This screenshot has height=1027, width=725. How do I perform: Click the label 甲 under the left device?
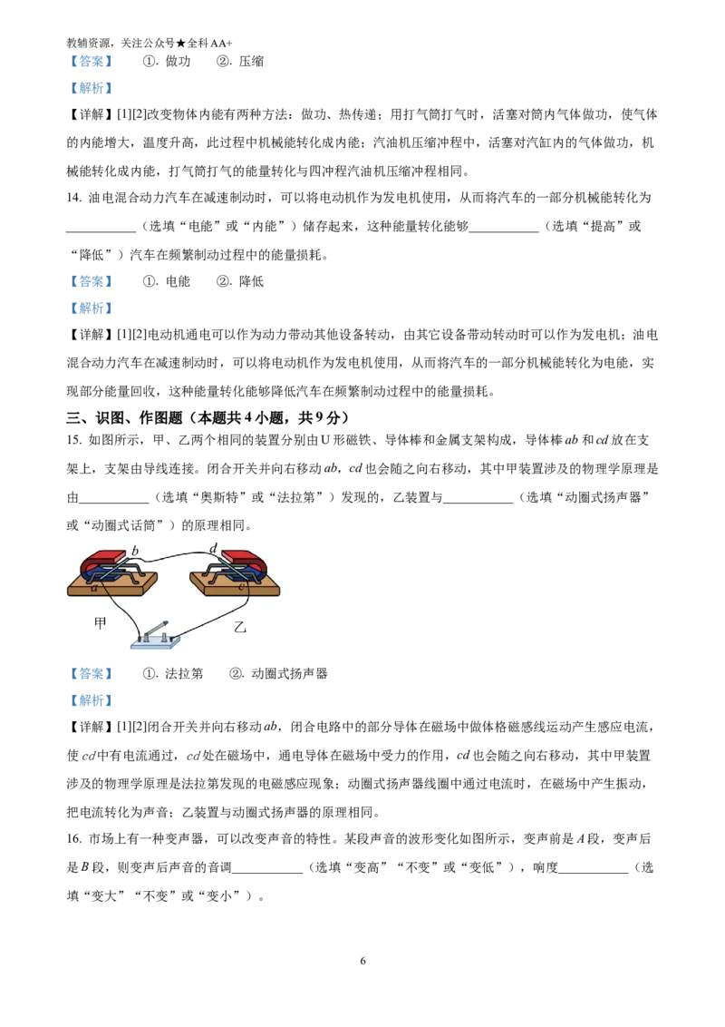point(100,623)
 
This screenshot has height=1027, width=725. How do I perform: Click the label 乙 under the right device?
point(240,627)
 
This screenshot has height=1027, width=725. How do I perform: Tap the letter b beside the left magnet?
point(135,550)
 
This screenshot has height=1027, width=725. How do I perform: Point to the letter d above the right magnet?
point(213,548)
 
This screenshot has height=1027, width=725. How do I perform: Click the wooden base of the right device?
point(234,584)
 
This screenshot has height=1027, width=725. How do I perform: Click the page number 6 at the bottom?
point(363,961)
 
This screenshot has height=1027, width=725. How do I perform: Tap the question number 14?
point(73,198)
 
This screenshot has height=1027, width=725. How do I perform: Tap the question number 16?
point(73,839)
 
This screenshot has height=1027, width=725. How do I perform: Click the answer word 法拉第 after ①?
point(184,673)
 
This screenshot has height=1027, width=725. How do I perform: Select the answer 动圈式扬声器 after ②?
point(289,673)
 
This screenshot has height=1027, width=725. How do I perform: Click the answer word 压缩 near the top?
point(251,62)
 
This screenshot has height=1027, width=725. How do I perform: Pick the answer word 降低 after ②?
point(251,281)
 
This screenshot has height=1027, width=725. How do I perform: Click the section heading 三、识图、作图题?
point(125,417)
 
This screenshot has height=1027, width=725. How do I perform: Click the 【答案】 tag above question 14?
point(91,62)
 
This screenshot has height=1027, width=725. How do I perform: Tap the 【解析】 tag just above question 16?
point(91,700)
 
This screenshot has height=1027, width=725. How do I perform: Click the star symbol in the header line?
point(181,44)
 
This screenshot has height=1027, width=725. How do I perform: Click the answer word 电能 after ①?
point(178,281)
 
